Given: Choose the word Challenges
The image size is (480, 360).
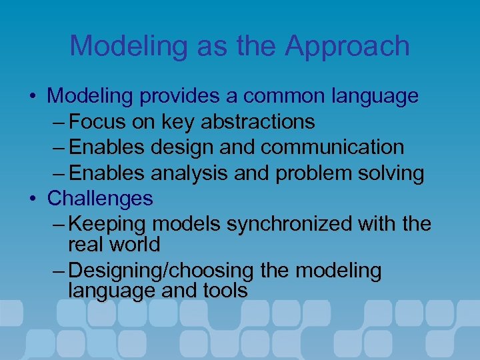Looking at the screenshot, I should tap(100, 199).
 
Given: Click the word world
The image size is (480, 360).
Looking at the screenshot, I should tap(136, 245).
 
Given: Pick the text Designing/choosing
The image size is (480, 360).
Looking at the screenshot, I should tap(160, 271).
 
